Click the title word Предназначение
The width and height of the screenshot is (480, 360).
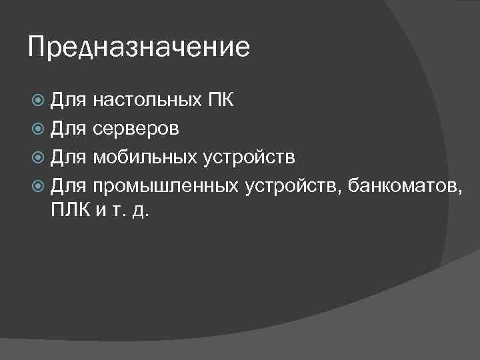click(x=139, y=48)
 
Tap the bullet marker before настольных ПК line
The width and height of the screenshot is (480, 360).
click(x=39, y=101)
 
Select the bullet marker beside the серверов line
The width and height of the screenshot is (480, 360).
click(x=39, y=129)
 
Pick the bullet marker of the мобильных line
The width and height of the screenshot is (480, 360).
click(x=39, y=157)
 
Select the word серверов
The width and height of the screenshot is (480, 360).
click(x=136, y=129)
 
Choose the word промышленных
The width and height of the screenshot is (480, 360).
click(x=166, y=185)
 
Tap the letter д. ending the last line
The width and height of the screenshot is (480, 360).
click(x=141, y=214)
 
